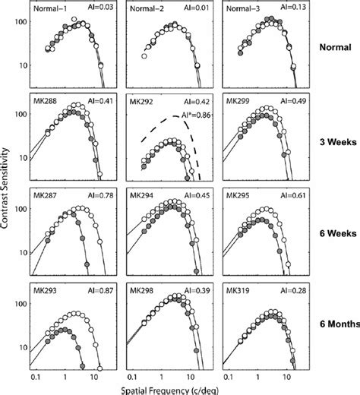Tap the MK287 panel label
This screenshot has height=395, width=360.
click(x=47, y=194)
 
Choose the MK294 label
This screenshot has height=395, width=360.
click(x=143, y=194)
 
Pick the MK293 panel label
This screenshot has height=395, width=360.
click(x=47, y=288)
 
